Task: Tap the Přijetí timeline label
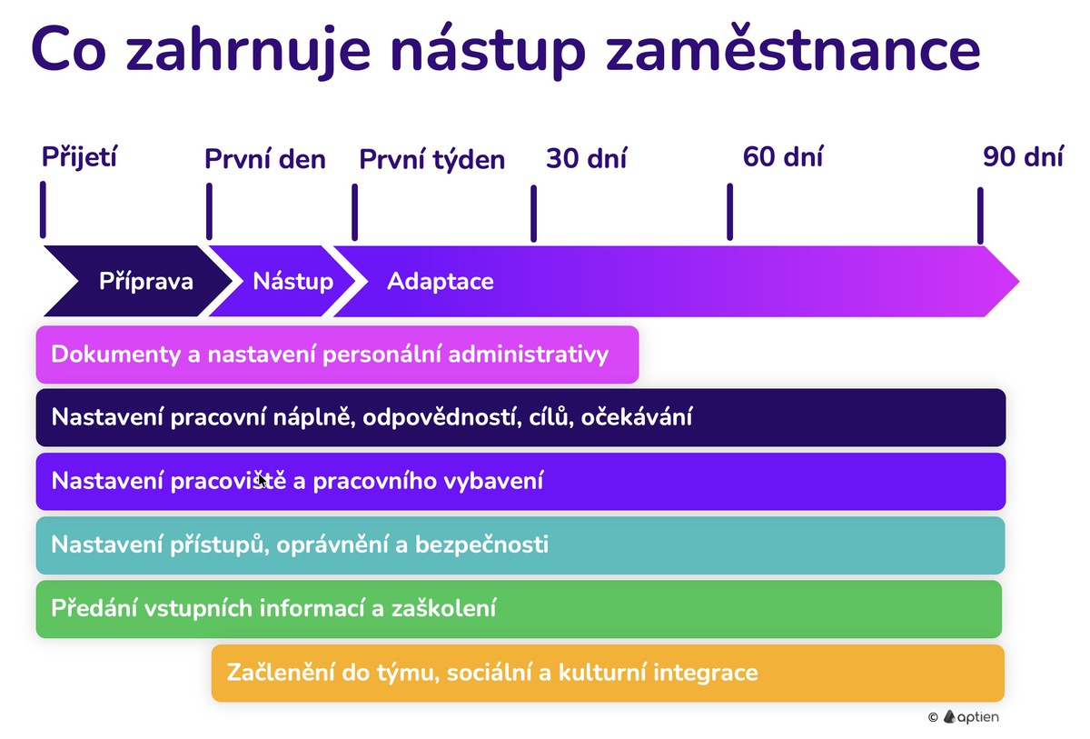pyautogui.click(x=80, y=156)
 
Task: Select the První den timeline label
pyautogui.click(x=264, y=160)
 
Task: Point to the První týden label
pyautogui.click(x=431, y=161)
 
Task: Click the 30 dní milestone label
pyautogui.click(x=586, y=159)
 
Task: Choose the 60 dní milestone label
pyautogui.click(x=782, y=156)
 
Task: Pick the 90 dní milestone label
pyautogui.click(x=1022, y=156)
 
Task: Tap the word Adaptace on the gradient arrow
pyautogui.click(x=441, y=281)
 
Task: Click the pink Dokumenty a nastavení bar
pyautogui.click(x=337, y=355)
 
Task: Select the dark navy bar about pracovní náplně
pyautogui.click(x=520, y=418)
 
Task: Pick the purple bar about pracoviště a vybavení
pyautogui.click(x=520, y=482)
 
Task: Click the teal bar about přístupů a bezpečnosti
pyautogui.click(x=520, y=545)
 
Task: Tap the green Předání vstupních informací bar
pyautogui.click(x=519, y=609)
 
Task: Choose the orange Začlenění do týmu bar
pyautogui.click(x=608, y=674)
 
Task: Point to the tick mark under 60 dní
pyautogui.click(x=729, y=212)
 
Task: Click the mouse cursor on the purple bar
pyautogui.click(x=262, y=480)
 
